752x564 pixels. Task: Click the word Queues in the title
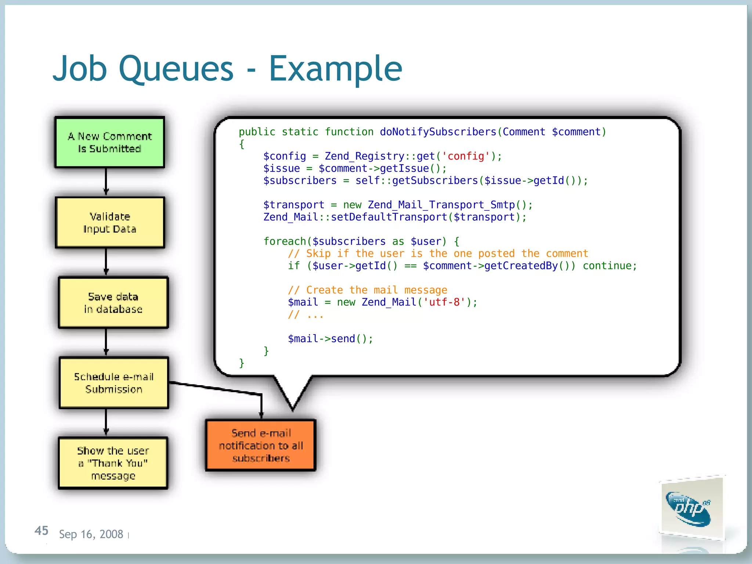[x=176, y=69]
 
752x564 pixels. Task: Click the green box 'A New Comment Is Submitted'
[x=109, y=142]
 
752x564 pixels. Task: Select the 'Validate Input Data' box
[x=110, y=223]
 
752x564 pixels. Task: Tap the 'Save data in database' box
[x=113, y=303]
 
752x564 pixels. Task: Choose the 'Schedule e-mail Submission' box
[x=114, y=383]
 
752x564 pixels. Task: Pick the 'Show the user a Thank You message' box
[x=113, y=463]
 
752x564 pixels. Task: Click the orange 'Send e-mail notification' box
[x=261, y=445]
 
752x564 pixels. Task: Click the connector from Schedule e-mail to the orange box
[x=217, y=388]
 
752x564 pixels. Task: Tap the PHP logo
[x=690, y=509]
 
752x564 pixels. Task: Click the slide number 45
[x=41, y=531]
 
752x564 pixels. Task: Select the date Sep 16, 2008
[x=91, y=534]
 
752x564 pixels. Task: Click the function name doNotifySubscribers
[x=438, y=132]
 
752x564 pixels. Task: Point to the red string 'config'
[x=466, y=156]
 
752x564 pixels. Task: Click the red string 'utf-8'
[x=444, y=302]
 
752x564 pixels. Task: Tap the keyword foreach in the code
[x=285, y=241]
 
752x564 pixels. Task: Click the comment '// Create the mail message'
[x=368, y=290]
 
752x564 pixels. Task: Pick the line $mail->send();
[x=330, y=339]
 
